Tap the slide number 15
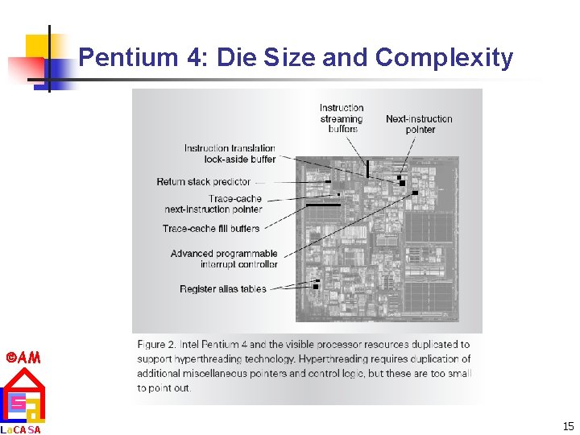568,426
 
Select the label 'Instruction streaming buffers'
342,118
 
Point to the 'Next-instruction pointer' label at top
419,124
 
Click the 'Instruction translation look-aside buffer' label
230,154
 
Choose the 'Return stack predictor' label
204,182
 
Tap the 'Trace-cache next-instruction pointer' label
213,204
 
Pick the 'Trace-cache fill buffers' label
211,229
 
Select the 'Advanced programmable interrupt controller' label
224,259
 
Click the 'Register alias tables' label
223,289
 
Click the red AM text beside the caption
23,357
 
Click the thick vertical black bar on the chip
367,168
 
